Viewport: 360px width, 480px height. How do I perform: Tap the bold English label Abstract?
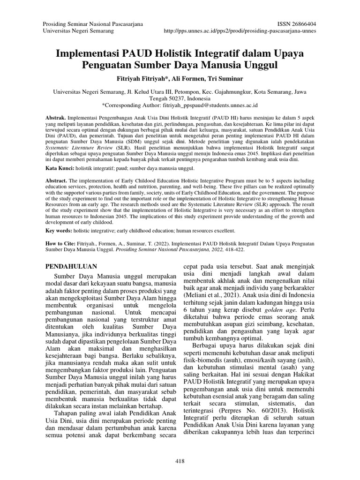point(56,180)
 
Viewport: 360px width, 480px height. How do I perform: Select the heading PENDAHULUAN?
point(71,266)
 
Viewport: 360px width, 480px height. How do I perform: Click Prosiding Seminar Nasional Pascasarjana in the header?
point(93,23)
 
